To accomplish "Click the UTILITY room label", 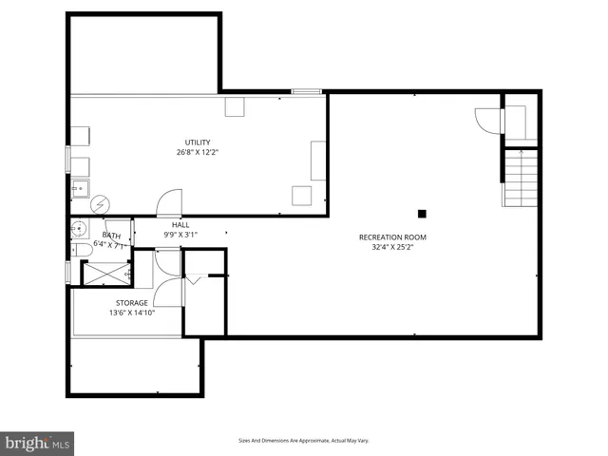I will (198, 142).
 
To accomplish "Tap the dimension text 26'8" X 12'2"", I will (198, 152).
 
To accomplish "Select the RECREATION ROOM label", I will (392, 237).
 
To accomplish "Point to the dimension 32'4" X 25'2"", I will (392, 247).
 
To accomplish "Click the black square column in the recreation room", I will (422, 214).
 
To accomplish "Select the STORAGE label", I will (132, 303).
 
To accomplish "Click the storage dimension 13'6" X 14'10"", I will (132, 313).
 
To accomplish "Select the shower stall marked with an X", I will (105, 273).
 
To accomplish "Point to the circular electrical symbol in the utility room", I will (99, 204).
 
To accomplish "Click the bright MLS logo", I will (38, 443).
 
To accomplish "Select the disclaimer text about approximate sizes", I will (303, 441).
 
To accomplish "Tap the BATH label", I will (111, 235).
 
